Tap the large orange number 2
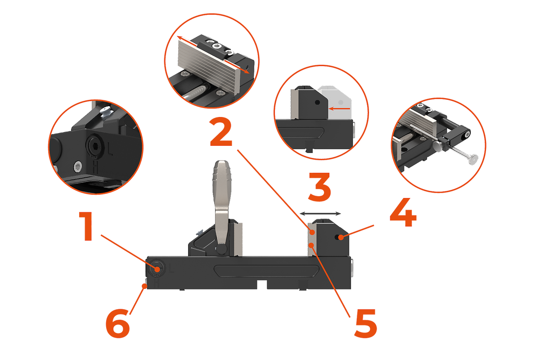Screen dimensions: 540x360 (221, 132)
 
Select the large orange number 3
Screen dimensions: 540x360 (319, 187)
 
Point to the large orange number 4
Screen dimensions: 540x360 (403, 212)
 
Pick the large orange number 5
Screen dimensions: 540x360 (365, 323)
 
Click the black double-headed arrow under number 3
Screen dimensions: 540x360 (320, 213)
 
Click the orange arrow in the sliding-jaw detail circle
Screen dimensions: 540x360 (339, 109)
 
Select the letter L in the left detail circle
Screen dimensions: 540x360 (110, 149)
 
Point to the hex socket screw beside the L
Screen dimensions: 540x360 (94, 145)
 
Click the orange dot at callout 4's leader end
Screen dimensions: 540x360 (341, 238)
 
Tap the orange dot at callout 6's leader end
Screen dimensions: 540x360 (144, 286)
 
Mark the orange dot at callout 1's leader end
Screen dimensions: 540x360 (157, 270)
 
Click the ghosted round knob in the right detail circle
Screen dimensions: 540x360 (473, 160)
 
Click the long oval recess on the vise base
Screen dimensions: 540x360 (266, 270)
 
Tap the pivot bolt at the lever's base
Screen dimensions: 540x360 (221, 249)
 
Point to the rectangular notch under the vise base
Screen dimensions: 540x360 (261, 284)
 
